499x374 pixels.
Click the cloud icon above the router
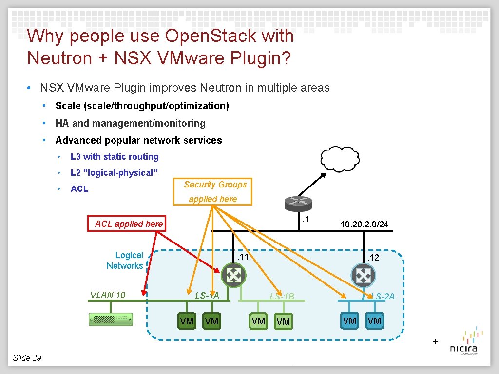tap(341, 158)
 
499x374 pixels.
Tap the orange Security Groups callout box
tap(213, 191)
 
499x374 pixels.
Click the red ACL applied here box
tap(129, 224)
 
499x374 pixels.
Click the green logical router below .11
tap(234, 275)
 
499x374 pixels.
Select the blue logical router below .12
tap(363, 275)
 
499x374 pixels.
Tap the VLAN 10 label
tap(108, 295)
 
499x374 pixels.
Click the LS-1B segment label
tap(282, 296)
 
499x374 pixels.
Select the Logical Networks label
tap(125, 261)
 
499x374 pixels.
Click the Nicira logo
tap(463, 343)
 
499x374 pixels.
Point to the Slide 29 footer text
tap(27, 358)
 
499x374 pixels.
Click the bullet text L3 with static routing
tap(115, 157)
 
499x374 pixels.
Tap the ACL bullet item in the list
tap(79, 189)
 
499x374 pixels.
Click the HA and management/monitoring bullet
tap(130, 123)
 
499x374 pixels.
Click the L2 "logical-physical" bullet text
tap(115, 173)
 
